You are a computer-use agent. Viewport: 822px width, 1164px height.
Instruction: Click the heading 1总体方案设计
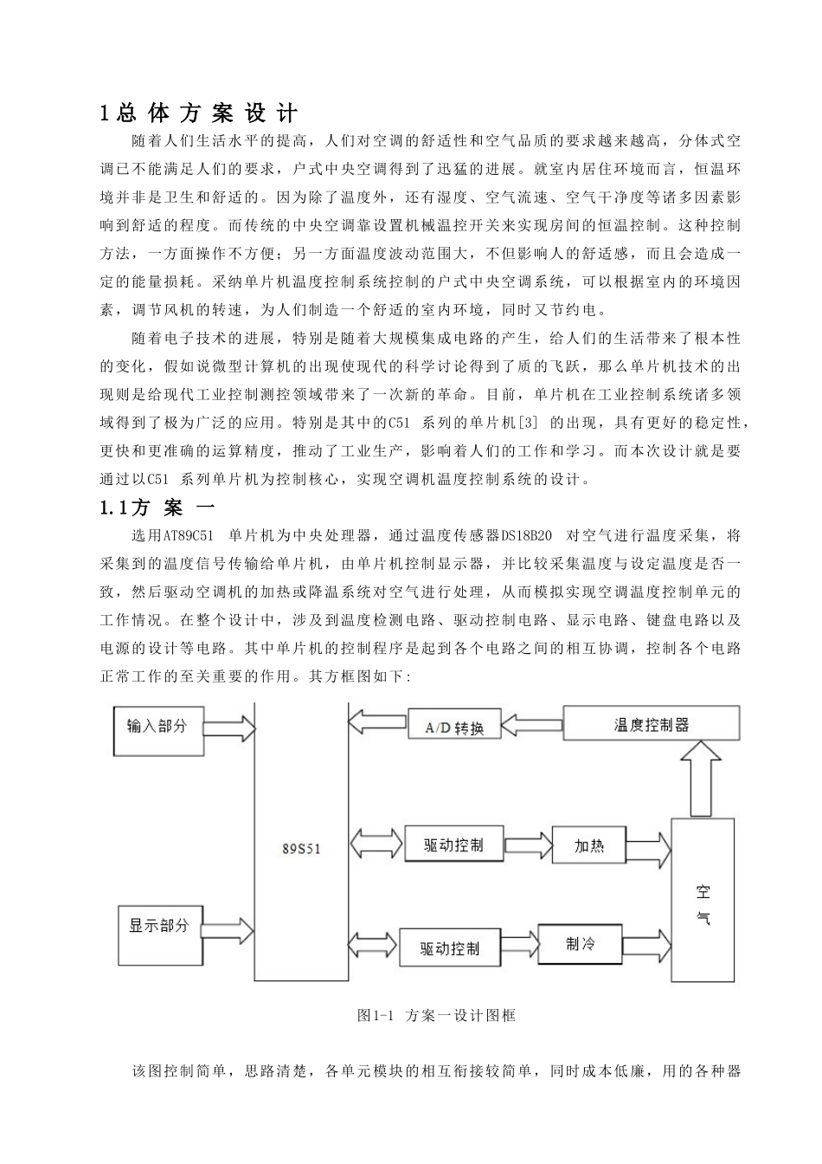(x=198, y=113)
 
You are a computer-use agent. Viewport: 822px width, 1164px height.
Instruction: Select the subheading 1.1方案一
(x=157, y=508)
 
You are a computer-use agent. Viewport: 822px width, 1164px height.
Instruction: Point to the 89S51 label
(x=300, y=849)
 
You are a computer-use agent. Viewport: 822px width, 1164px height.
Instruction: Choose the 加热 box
(x=588, y=845)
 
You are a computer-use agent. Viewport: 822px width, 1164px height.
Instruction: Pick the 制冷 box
(x=580, y=944)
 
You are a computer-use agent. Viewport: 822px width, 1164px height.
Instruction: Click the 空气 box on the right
(x=703, y=904)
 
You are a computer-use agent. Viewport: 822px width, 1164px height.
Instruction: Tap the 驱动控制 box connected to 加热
(x=453, y=845)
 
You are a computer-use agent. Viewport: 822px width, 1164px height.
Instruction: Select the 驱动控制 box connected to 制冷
(x=450, y=948)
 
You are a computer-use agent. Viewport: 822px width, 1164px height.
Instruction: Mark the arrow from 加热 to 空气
(x=649, y=847)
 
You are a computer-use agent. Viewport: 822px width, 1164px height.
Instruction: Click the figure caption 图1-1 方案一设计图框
(x=436, y=1015)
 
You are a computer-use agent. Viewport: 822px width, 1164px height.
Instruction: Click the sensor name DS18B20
(x=526, y=535)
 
